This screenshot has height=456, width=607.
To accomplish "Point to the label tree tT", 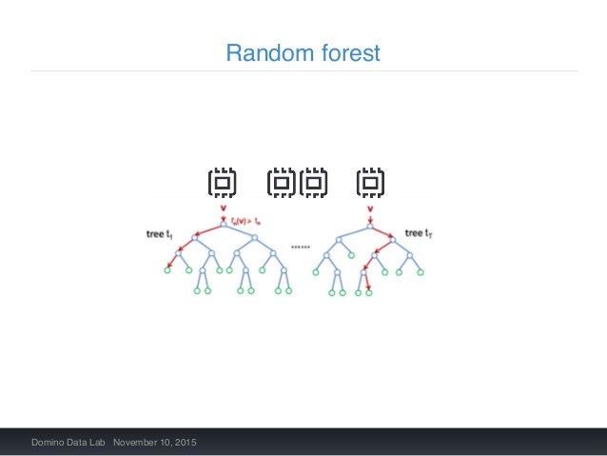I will point(419,232).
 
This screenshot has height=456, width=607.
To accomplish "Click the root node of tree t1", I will point(224,224).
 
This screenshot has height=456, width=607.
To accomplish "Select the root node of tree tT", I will point(370,224).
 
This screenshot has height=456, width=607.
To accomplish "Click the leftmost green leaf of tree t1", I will point(166,270).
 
